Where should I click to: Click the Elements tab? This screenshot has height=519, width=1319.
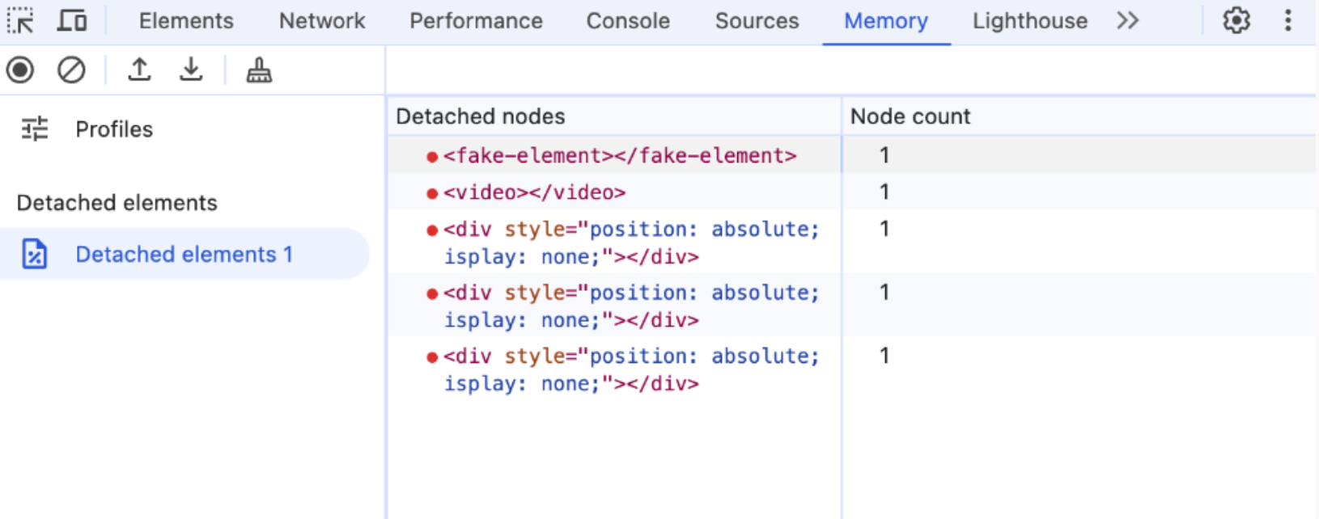(x=186, y=21)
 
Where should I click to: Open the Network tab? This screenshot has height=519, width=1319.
(x=322, y=21)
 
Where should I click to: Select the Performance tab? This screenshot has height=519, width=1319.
(x=476, y=21)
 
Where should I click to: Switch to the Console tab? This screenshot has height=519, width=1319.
(x=628, y=21)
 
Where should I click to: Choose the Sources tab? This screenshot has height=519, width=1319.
(x=757, y=21)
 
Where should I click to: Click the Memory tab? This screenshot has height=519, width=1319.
(x=885, y=21)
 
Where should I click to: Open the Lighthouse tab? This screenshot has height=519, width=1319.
(x=1030, y=21)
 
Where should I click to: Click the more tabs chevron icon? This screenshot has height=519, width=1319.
(x=1128, y=21)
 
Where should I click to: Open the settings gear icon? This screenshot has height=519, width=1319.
(x=1236, y=21)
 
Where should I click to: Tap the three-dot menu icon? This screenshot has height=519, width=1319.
(x=1287, y=21)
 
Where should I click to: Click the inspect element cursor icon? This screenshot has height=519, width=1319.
(x=20, y=21)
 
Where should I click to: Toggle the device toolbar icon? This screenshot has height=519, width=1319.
(x=73, y=21)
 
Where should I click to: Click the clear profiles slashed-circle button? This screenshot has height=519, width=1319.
(x=71, y=70)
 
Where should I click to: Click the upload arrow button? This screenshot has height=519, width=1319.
(x=139, y=70)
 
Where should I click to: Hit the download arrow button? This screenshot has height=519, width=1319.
(x=191, y=70)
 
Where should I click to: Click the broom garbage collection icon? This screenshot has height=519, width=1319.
(x=259, y=70)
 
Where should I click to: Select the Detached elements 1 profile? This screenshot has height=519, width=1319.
(x=184, y=254)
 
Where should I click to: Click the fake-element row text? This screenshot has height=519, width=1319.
(x=620, y=156)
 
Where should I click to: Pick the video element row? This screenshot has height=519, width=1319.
(x=535, y=192)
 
